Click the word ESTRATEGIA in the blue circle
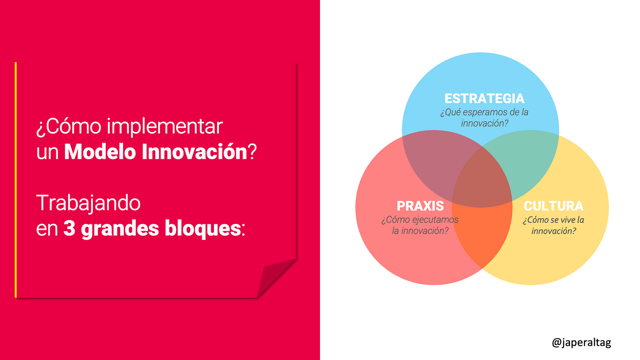484,99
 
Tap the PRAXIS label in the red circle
420,206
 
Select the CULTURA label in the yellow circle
554,206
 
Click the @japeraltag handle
581,342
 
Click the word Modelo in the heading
100,151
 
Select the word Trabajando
88,203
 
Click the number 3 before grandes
69,228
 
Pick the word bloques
203,229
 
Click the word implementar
165,127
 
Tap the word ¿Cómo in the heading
69,127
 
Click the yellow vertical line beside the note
16,180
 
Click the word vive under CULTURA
566,220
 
